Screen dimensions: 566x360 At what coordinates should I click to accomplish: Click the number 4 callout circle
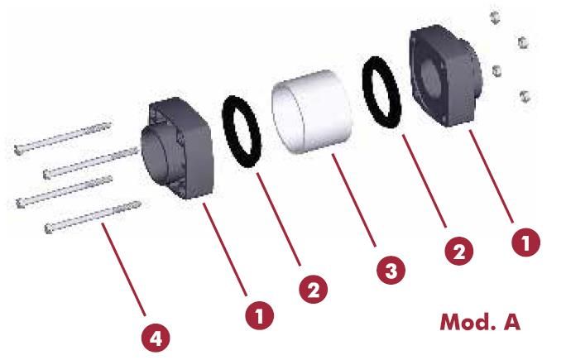(x=156, y=338)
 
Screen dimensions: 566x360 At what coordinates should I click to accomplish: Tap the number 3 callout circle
(x=391, y=270)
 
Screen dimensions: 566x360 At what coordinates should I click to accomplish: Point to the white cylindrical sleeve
(x=312, y=111)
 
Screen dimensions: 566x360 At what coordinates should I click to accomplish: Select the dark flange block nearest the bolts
(x=178, y=148)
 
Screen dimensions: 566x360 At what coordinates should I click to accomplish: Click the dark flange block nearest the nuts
(x=446, y=75)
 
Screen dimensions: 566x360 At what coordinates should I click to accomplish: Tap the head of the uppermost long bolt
(x=18, y=149)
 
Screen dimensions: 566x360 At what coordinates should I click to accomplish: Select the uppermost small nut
(x=495, y=17)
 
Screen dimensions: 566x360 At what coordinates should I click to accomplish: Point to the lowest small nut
(x=525, y=96)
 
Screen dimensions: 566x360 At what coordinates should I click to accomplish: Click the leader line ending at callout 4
(x=123, y=269)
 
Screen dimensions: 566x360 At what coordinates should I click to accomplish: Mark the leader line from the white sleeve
(x=354, y=200)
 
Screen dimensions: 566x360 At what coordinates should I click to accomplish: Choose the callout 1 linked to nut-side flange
(x=526, y=242)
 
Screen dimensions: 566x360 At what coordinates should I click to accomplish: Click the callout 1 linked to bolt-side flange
(x=260, y=315)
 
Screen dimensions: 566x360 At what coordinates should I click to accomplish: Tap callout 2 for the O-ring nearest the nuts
(x=458, y=251)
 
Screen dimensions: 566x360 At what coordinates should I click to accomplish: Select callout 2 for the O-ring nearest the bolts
(x=314, y=289)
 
